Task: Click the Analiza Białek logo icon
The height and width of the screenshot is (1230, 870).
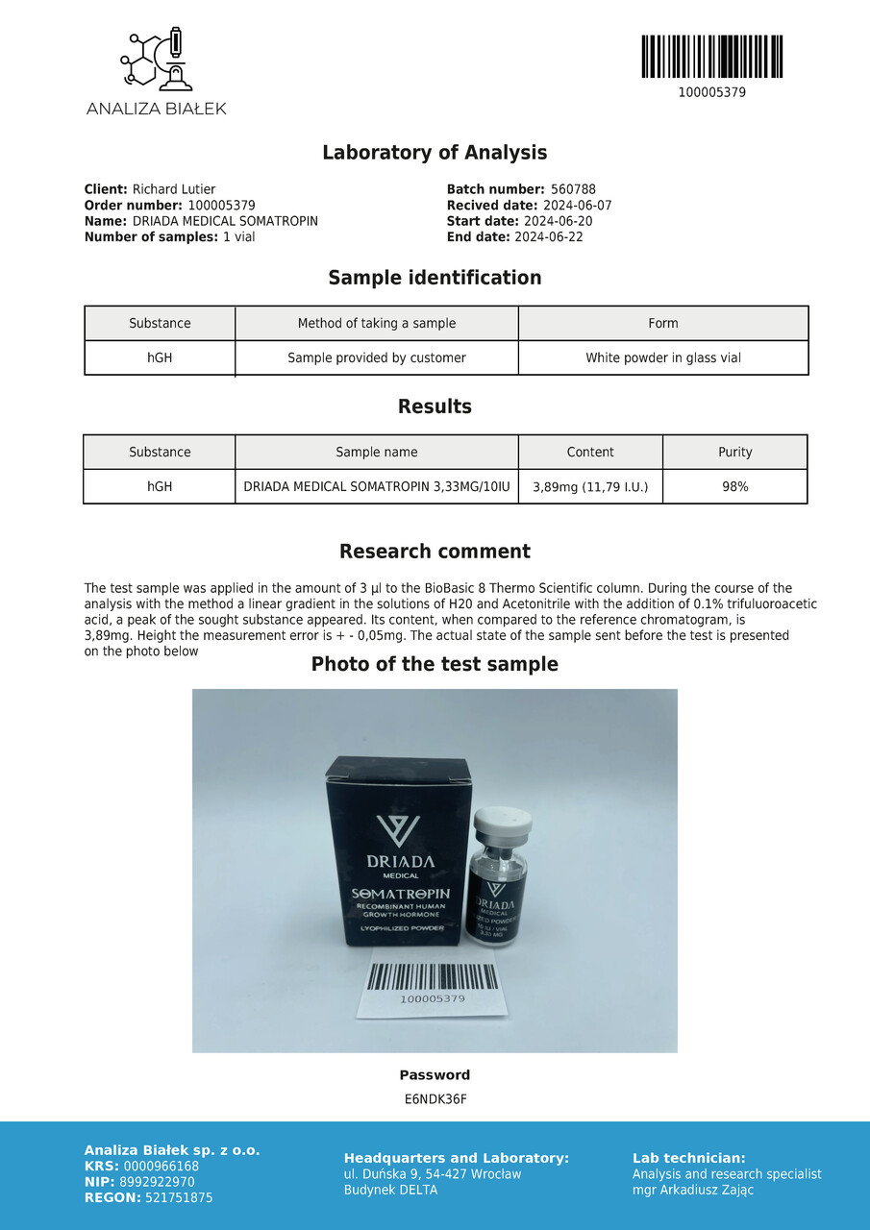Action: coord(156,61)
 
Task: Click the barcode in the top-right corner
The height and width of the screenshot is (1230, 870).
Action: coord(711,57)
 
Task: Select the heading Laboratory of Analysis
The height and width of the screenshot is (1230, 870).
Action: coord(435,153)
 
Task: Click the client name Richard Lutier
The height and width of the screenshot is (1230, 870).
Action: coord(174,189)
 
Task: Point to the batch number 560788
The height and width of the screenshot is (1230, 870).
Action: coord(573,189)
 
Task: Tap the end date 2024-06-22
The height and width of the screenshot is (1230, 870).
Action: coord(549,236)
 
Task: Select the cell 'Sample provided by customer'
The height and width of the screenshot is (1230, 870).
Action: coord(377,357)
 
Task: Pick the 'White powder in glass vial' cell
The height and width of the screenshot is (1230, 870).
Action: coord(663,357)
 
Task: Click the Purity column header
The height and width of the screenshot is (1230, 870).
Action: coord(735,452)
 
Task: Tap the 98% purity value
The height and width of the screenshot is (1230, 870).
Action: coord(735,487)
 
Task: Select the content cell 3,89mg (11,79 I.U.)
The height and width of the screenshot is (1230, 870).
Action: coord(590,487)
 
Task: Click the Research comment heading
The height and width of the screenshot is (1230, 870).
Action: coord(435,552)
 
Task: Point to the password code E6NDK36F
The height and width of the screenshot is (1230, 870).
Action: coord(435,1099)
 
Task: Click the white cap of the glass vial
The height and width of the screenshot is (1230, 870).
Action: coord(504,823)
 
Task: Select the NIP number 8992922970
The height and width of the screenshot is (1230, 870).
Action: coord(160,1182)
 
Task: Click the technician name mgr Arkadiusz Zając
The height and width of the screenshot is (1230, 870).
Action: coord(693,1190)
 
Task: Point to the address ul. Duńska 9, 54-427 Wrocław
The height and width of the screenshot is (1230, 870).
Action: coord(433,1173)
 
